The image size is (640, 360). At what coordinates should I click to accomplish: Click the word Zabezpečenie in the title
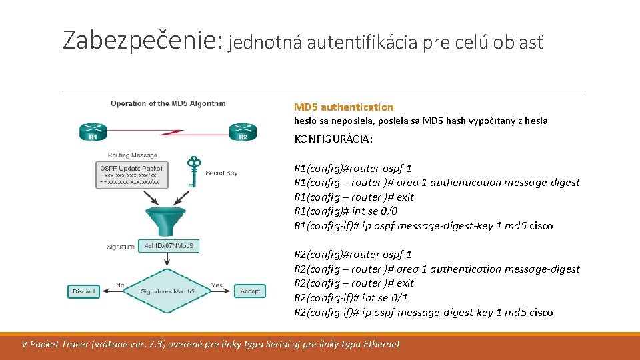tap(141, 40)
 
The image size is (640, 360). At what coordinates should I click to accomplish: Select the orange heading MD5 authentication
tap(343, 107)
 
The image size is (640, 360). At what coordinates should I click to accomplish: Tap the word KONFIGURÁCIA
tap(333, 139)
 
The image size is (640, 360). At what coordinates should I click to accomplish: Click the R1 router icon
tap(93, 131)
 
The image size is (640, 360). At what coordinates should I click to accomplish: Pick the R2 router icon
tap(243, 131)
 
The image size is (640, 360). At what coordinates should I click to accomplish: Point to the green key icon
tap(193, 171)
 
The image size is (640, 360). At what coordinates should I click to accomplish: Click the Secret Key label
tap(221, 173)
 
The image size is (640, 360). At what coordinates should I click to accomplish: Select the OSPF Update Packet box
tap(130, 174)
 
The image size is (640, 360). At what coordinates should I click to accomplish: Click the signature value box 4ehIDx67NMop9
tap(169, 246)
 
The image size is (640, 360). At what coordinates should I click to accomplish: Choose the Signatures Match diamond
tap(168, 291)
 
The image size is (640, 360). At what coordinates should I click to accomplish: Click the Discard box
tap(84, 291)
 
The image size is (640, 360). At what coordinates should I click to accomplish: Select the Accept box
tap(250, 291)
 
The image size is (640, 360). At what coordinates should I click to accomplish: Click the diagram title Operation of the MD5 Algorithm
tap(168, 103)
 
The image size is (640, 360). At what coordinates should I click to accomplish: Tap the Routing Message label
tap(132, 155)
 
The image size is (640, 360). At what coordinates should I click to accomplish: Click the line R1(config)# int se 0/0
tap(346, 211)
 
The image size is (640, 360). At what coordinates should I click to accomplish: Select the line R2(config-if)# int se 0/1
tap(351, 297)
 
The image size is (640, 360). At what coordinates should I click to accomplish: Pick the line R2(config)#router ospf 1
tap(353, 254)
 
